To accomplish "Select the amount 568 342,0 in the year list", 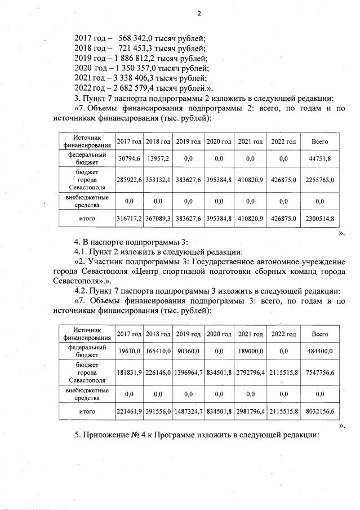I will point(132,38).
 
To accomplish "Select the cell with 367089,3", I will point(158,218).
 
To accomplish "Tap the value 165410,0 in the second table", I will point(158,351).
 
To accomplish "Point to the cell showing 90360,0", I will point(188,351).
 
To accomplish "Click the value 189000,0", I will point(251,351).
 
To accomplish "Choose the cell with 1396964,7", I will point(188,372).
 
